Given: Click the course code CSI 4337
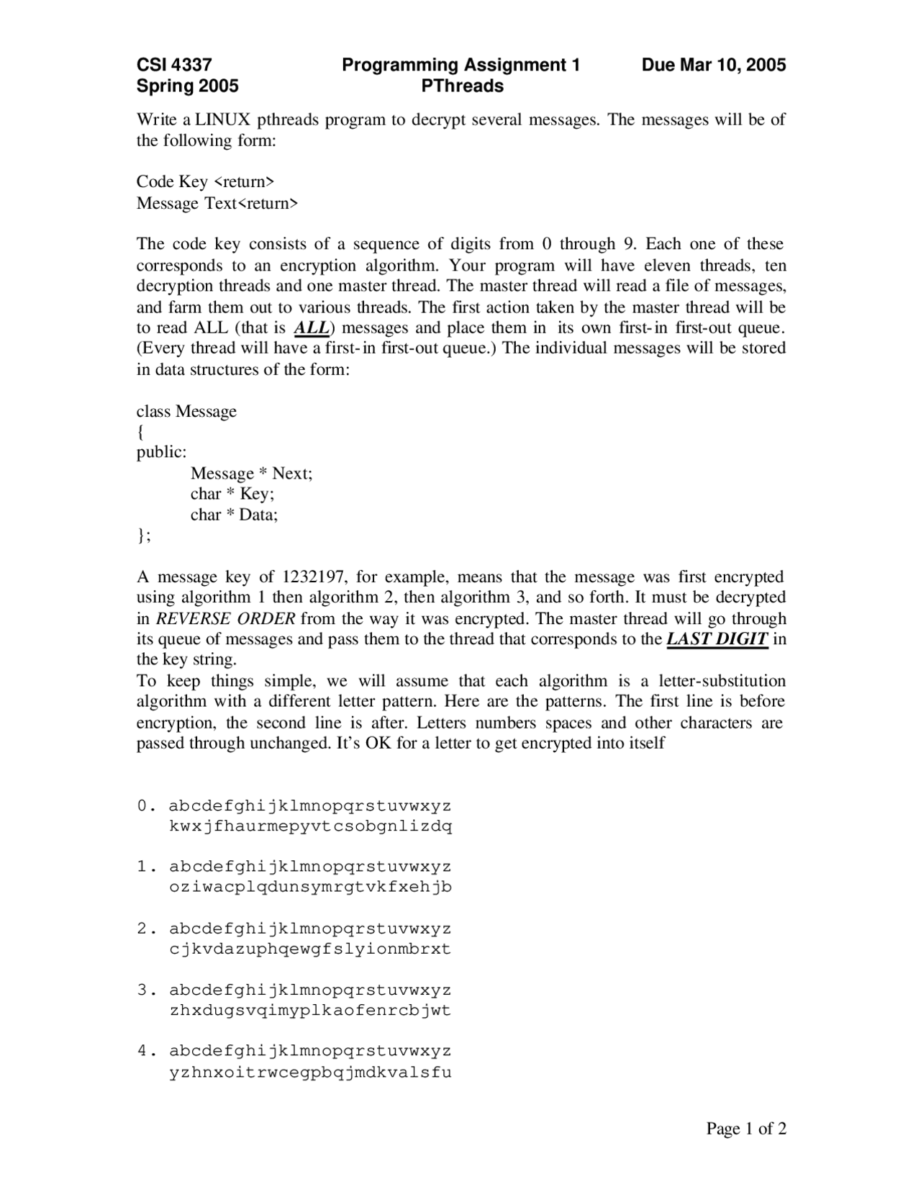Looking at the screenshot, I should click(174, 66).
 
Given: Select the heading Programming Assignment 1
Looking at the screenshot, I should click(460, 66).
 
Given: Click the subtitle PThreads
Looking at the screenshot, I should click(462, 86).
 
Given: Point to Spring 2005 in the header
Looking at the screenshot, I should click(187, 86).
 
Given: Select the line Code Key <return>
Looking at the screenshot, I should click(206, 181).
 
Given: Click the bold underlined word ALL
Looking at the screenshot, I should click(312, 328).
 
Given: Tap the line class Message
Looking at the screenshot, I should click(186, 411).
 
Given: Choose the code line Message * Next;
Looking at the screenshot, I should click(251, 474).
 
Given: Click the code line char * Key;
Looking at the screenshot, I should click(232, 494).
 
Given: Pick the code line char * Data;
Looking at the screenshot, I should click(234, 515).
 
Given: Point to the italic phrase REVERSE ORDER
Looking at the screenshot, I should click(225, 618).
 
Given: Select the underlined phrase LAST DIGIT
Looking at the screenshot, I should click(717, 639).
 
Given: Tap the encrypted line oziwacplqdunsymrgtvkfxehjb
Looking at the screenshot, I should click(310, 888).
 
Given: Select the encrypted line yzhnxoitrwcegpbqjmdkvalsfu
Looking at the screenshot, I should click(310, 1073).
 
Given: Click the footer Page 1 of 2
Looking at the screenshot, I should click(746, 1129).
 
